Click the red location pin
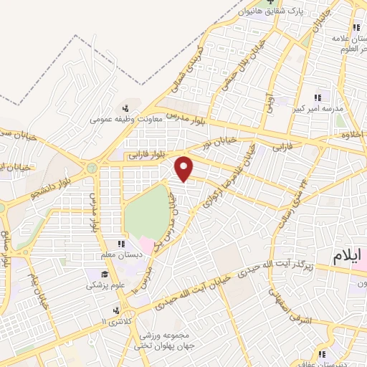(x=185, y=168)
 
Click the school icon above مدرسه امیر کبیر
(x=318, y=97)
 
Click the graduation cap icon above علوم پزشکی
(x=105, y=274)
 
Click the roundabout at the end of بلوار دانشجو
(x=91, y=168)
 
